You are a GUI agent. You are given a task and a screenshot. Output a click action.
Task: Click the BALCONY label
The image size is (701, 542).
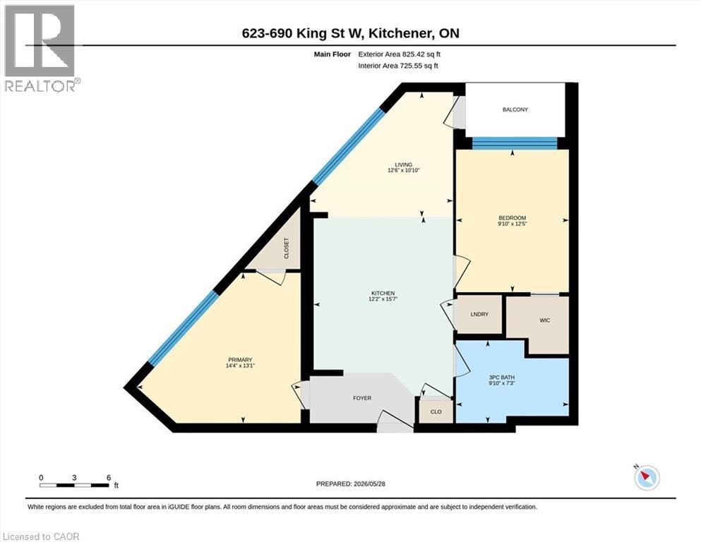515,109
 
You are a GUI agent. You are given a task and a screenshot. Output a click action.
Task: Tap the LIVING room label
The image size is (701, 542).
403,164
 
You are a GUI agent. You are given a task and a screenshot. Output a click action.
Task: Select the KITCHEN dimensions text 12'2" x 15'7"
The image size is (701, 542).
383,299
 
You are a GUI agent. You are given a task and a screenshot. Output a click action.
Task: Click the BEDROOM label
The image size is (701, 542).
513,218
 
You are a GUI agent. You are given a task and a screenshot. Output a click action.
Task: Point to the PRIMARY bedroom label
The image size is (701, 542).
241,360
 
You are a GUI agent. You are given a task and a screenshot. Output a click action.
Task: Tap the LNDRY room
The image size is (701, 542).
479,314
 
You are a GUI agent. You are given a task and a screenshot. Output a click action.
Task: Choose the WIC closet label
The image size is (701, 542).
544,320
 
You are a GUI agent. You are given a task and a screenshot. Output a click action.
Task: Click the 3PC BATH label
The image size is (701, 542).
502,378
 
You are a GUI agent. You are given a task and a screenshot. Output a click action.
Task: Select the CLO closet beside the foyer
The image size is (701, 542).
436,411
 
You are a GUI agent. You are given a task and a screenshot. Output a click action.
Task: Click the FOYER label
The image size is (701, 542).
362,398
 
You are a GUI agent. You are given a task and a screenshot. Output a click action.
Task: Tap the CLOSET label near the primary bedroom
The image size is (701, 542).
287,248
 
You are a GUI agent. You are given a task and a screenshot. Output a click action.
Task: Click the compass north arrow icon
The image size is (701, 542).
647,477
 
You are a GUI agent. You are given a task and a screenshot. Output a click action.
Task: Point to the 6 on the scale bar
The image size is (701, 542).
109,478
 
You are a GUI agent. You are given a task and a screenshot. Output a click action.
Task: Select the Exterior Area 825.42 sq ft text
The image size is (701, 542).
400,54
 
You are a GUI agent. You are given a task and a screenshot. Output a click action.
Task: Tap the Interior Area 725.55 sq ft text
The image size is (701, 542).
398,66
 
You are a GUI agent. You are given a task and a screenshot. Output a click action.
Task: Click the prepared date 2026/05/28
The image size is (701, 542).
369,483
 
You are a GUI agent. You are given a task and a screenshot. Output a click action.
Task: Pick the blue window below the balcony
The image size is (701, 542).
515,143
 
